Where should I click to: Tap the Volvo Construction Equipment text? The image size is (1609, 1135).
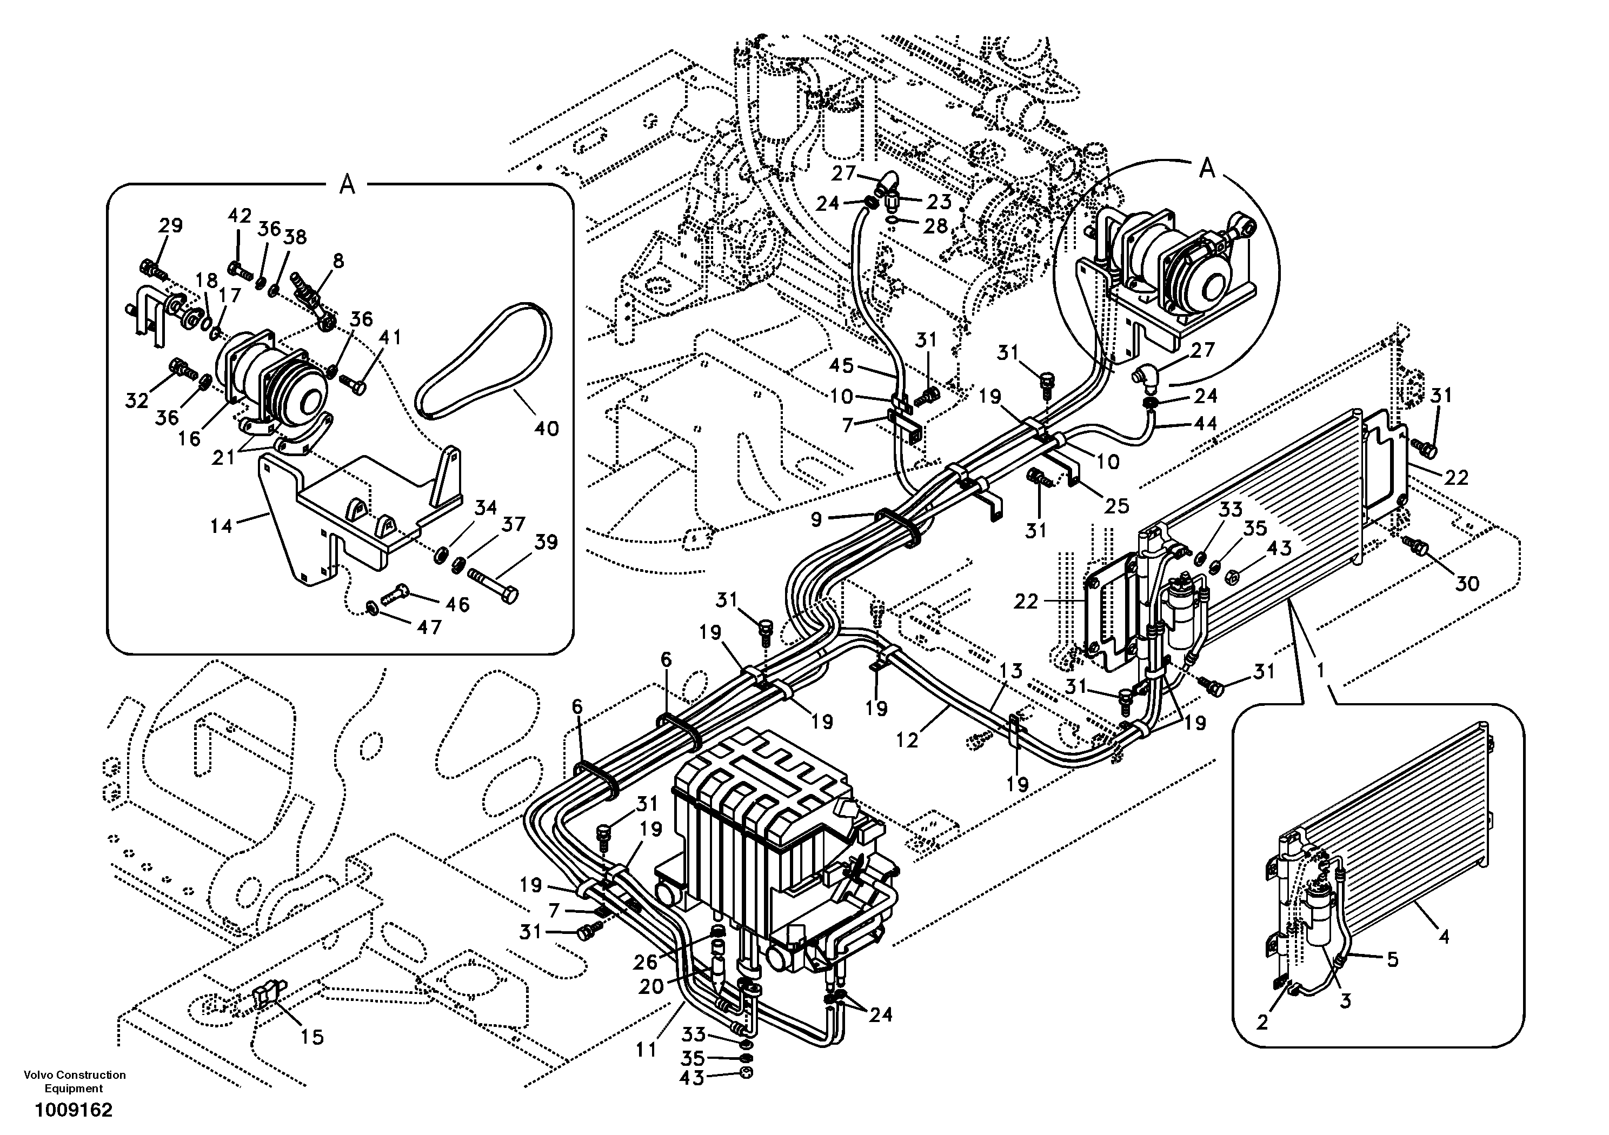[74, 1081]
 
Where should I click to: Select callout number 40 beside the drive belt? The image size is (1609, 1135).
[546, 428]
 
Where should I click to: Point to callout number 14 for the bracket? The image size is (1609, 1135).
[222, 525]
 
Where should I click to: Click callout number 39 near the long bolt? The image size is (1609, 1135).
[546, 542]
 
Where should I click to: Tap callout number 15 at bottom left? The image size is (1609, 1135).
[313, 1037]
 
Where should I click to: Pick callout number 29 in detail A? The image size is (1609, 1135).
[170, 225]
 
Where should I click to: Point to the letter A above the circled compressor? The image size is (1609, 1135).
[1207, 169]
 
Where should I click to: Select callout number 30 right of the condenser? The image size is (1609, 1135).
[1467, 583]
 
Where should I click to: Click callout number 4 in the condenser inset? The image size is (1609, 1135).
[1444, 936]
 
